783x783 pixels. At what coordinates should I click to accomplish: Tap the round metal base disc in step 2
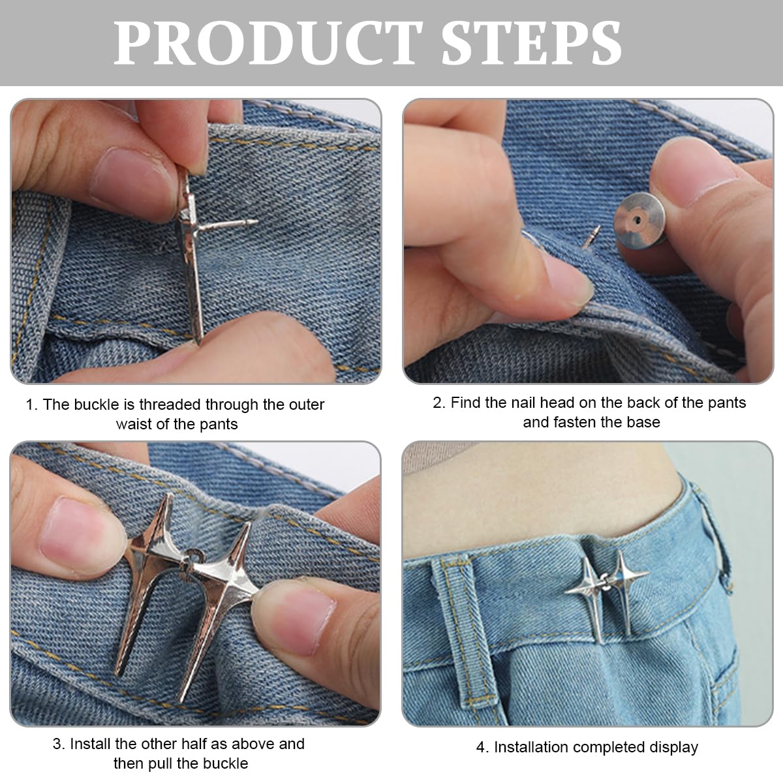pyautogui.click(x=639, y=221)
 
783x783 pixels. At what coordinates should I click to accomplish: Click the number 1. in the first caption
pyautogui.click(x=31, y=405)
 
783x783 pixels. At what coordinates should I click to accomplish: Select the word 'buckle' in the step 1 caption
pyautogui.click(x=97, y=405)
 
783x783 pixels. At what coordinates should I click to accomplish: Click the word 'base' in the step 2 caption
pyautogui.click(x=643, y=422)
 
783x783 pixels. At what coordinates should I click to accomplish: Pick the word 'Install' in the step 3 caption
pyautogui.click(x=91, y=744)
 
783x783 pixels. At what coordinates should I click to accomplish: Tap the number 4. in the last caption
pyautogui.click(x=482, y=748)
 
